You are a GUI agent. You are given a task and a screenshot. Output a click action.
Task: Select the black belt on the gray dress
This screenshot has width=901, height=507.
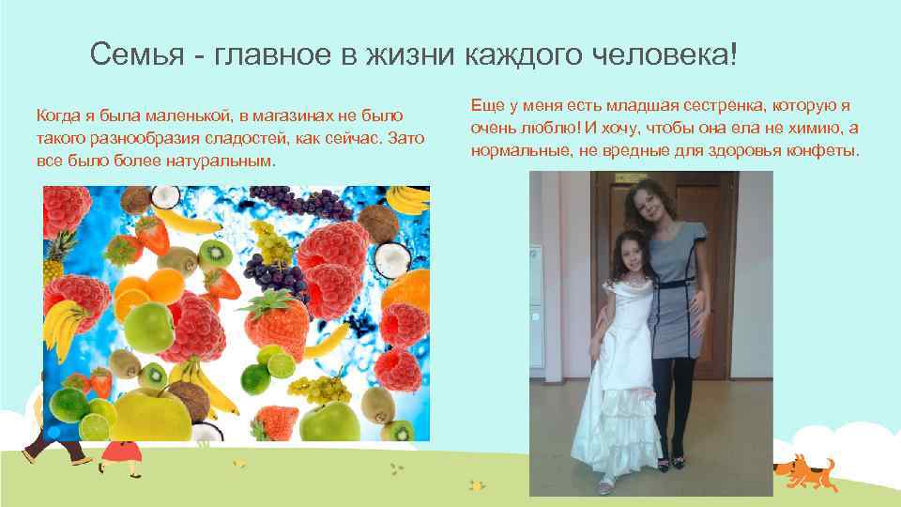click(674, 283)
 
